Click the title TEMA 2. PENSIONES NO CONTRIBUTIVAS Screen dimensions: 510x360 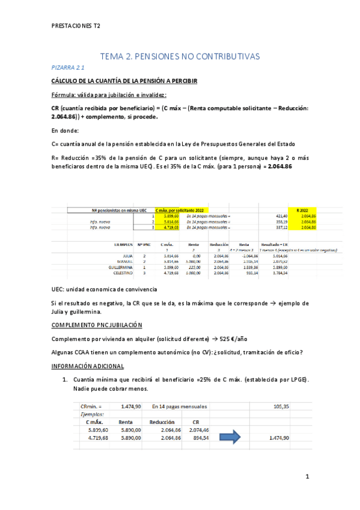(180, 56)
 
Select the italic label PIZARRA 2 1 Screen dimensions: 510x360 (67, 68)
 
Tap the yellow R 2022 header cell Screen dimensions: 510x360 (302, 210)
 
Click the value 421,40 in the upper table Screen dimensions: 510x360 (272, 215)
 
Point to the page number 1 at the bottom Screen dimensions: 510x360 (307, 478)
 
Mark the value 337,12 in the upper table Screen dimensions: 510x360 (272, 227)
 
